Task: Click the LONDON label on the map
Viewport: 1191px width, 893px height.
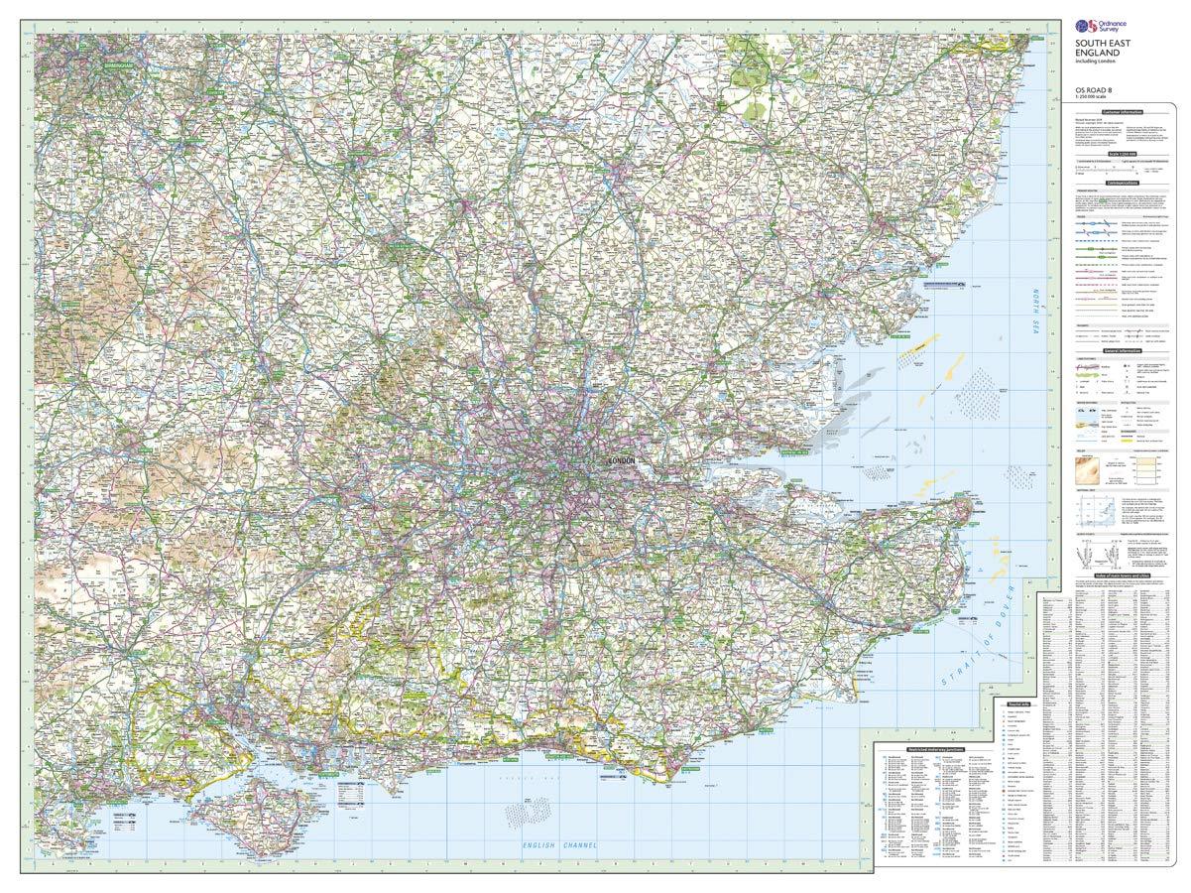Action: [x=625, y=461]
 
